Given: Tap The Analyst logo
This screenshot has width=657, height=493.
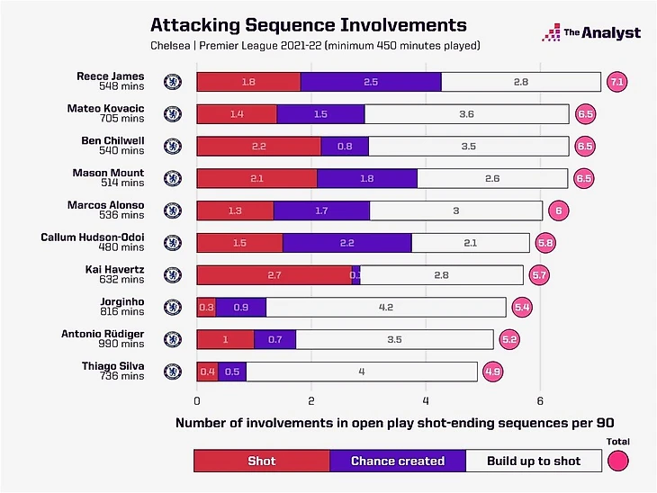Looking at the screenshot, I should [x=590, y=32].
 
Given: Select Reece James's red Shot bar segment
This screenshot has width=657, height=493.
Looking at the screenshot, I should [x=248, y=82].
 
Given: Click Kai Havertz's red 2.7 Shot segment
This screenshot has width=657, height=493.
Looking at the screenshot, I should [x=274, y=274].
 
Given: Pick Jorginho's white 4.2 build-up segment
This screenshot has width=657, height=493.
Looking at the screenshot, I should [x=385, y=307].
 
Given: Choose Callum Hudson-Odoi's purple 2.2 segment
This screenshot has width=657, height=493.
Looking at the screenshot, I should [x=346, y=243].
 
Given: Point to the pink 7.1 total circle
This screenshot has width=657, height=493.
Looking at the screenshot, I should [x=616, y=82].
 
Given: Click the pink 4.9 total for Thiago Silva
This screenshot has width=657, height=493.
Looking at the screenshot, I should [x=492, y=371].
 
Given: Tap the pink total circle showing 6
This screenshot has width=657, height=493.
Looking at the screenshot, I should [x=558, y=211].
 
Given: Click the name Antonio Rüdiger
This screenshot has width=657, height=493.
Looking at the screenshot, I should [x=105, y=334].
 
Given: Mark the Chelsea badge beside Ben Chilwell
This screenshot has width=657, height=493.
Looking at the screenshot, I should [x=173, y=146].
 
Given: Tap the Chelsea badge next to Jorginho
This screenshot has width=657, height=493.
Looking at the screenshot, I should [x=173, y=307].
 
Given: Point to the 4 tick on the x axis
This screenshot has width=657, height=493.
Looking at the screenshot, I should [x=426, y=400].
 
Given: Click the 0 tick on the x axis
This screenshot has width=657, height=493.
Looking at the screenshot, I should [x=197, y=400].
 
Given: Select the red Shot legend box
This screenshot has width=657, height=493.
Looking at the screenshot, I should [x=262, y=461].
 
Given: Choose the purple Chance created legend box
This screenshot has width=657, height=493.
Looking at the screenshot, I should [x=398, y=461].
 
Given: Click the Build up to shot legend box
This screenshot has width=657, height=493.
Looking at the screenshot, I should [x=534, y=461].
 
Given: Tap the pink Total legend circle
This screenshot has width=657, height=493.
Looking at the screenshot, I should [x=618, y=461].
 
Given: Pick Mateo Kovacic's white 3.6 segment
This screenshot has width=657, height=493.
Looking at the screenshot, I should [x=466, y=114].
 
